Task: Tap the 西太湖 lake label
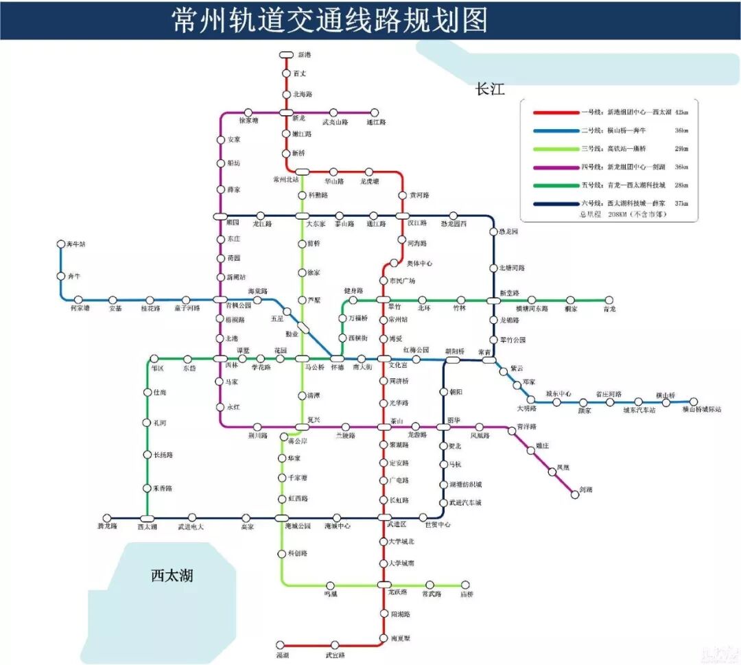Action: [172, 575]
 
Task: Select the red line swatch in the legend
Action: [552, 112]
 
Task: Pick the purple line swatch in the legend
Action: [552, 167]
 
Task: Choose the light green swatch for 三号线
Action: [552, 148]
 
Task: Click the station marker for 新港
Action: [286, 55]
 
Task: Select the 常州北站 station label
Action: [285, 180]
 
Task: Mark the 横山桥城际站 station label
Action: [702, 410]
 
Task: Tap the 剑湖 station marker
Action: [572, 493]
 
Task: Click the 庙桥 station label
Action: [467, 594]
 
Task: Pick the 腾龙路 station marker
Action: [107, 518]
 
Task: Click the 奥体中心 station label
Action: [420, 264]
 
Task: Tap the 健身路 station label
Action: [353, 291]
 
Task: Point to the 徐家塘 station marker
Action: [248, 113]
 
